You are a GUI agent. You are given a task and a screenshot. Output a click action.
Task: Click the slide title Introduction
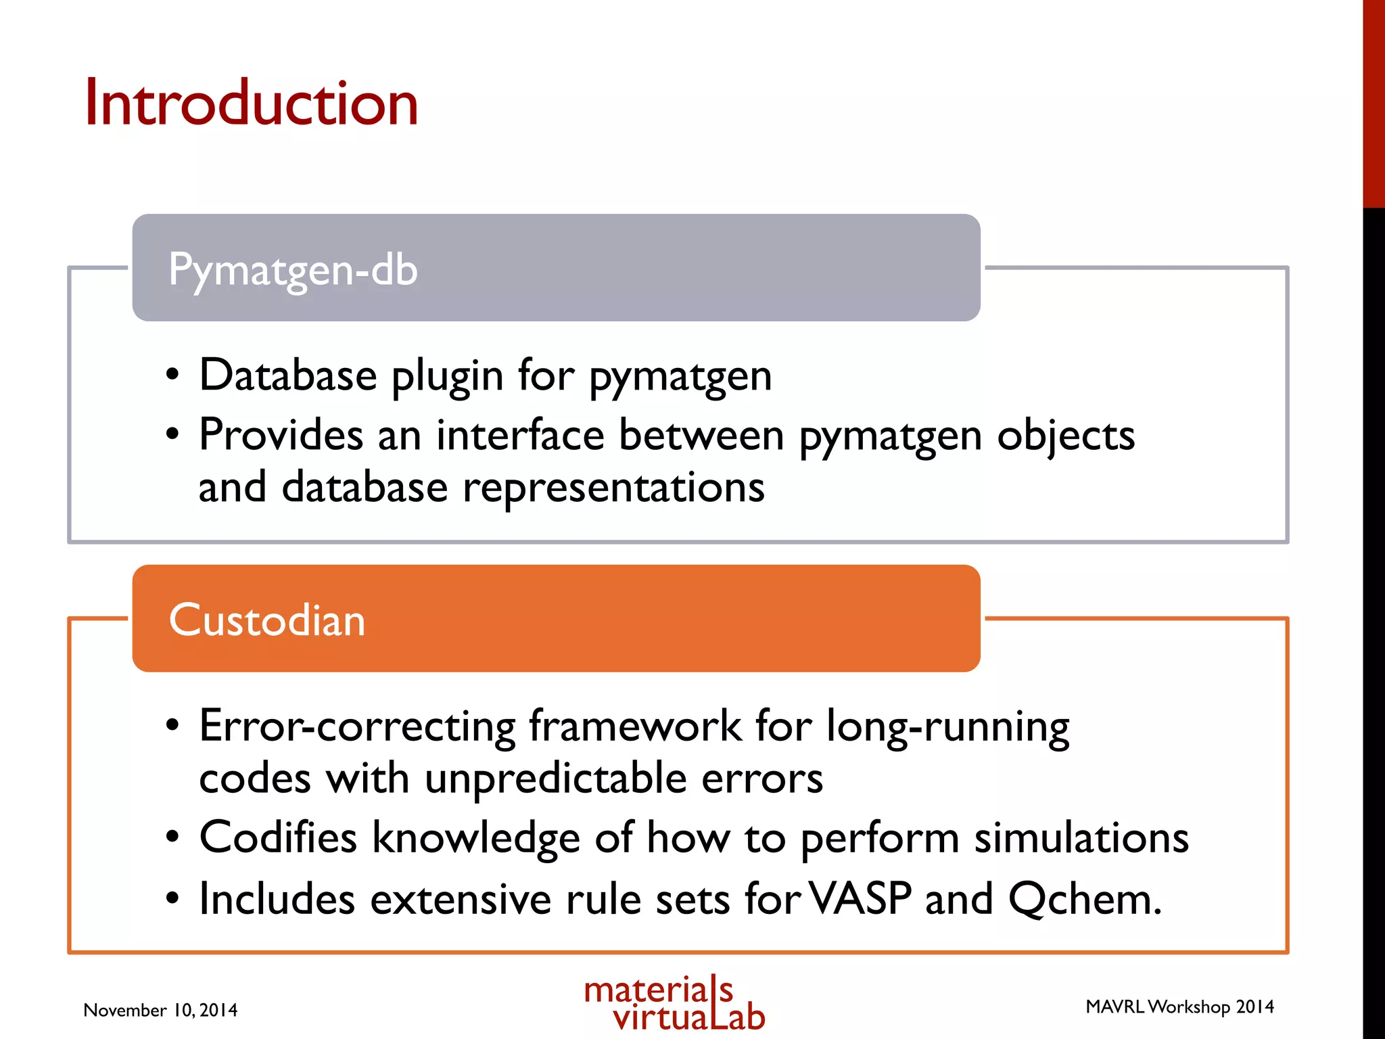(x=251, y=103)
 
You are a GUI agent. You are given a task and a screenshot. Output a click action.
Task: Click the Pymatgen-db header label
(x=293, y=269)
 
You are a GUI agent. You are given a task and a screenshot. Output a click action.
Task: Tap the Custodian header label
(x=266, y=620)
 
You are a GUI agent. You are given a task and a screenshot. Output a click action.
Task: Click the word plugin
(x=447, y=376)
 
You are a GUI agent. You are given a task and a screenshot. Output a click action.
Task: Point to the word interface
(x=519, y=434)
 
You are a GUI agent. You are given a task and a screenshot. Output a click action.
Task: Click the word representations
(x=613, y=488)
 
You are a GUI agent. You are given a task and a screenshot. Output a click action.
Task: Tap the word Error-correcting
(x=357, y=726)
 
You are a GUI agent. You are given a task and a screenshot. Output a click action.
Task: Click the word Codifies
(x=277, y=837)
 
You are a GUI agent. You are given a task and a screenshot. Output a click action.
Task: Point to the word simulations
(x=1081, y=837)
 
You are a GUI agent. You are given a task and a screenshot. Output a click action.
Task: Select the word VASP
(x=860, y=899)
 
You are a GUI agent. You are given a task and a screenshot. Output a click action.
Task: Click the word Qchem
(x=1084, y=900)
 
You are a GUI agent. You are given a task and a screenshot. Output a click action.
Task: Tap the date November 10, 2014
(x=160, y=1011)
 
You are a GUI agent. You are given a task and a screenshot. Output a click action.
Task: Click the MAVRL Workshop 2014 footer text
(x=1179, y=1007)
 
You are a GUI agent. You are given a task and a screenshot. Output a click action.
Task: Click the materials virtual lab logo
(x=674, y=1004)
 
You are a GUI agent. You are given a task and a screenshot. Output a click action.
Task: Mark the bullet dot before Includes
(x=173, y=899)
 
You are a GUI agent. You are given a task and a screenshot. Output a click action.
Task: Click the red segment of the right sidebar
(x=1374, y=101)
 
